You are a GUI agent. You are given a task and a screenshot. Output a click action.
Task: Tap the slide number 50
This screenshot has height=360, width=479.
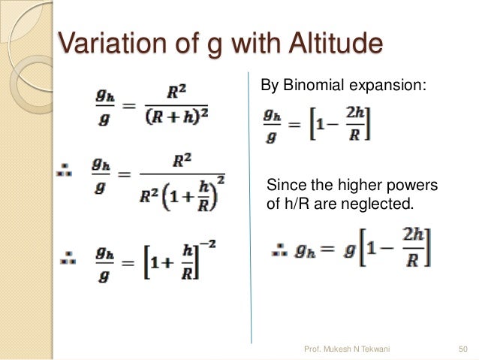pos(462,348)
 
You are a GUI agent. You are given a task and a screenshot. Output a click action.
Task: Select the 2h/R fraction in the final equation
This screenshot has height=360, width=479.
pos(411,248)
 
